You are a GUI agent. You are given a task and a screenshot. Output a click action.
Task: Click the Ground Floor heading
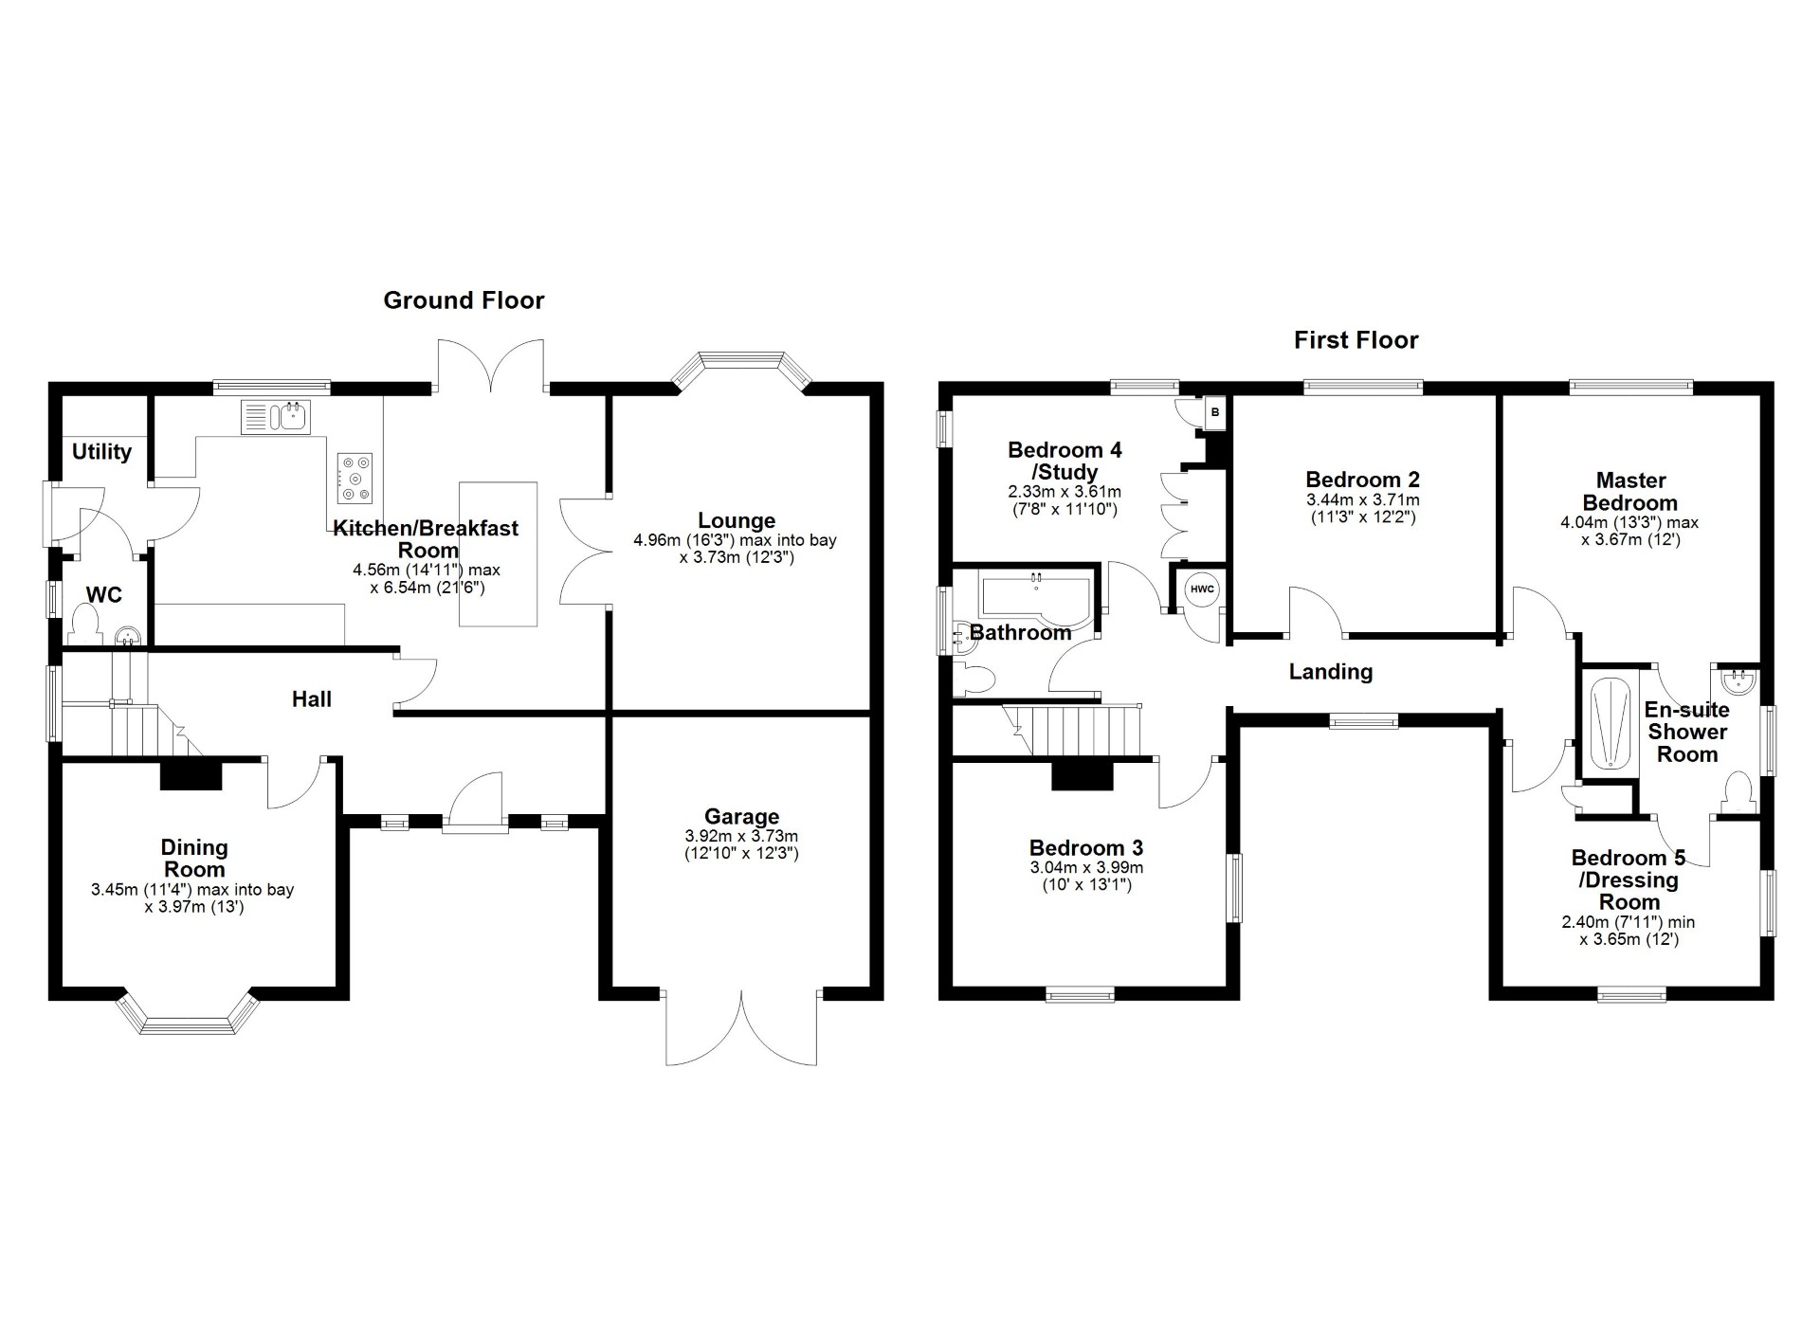[464, 300]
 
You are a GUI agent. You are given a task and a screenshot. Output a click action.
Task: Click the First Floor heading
[1356, 340]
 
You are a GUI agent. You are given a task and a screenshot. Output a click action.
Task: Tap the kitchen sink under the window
[276, 417]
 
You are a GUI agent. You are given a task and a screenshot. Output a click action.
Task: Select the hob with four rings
[355, 478]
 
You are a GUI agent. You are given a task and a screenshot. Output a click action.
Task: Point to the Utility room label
[101, 451]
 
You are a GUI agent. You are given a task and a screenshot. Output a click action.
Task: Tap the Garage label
[741, 816]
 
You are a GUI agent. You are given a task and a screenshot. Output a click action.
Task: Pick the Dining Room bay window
[190, 1016]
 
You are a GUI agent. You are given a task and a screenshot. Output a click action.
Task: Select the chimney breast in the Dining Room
[191, 774]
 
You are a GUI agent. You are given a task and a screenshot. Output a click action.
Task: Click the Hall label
[311, 699]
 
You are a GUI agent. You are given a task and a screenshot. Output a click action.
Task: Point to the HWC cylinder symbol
[1202, 589]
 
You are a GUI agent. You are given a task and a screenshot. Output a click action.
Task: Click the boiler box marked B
[1215, 412]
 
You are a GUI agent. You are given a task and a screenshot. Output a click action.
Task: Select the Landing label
[1330, 672]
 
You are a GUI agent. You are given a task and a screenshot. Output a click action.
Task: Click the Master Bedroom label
[1629, 492]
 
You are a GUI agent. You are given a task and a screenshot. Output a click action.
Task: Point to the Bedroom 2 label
[1362, 480]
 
